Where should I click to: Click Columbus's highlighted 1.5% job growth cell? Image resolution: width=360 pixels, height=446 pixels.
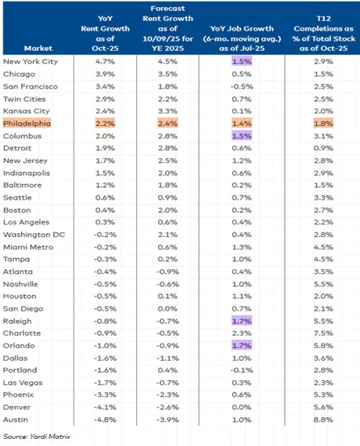point(241,135)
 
